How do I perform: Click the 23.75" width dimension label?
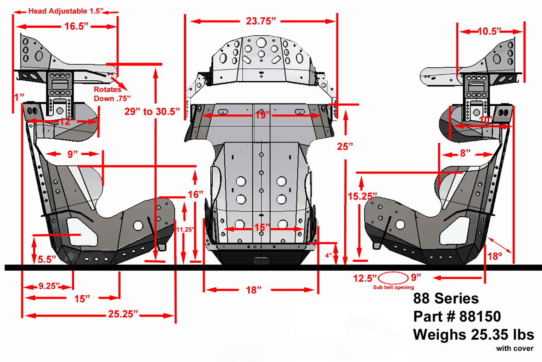[261, 21]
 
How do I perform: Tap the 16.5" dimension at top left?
[76, 26]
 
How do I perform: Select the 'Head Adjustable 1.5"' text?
[66, 11]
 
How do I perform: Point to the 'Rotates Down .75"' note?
[112, 94]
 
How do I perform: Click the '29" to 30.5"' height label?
[152, 111]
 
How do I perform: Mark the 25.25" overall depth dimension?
[123, 314]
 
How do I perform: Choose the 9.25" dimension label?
[50, 286]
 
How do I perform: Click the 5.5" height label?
[47, 259]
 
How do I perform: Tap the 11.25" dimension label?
[185, 229]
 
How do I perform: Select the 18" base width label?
[253, 290]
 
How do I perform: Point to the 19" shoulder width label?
[263, 115]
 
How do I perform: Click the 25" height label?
[345, 147]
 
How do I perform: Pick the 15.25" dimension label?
[362, 196]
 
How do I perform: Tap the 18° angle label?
[495, 256]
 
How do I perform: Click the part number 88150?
[480, 316]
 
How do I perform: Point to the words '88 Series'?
[446, 298]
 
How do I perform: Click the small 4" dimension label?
[328, 256]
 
